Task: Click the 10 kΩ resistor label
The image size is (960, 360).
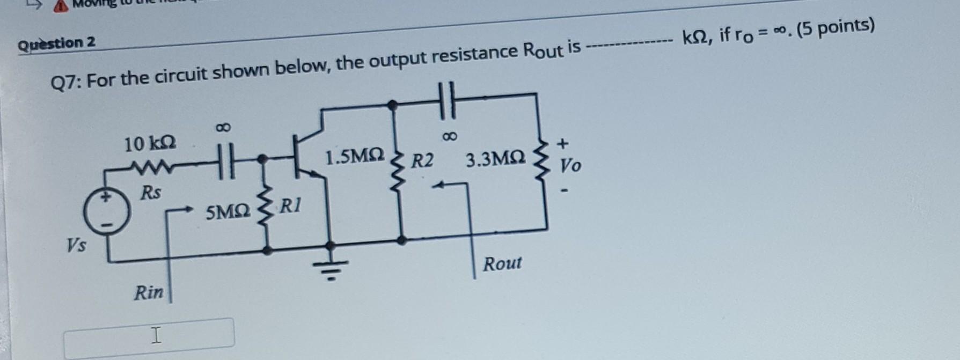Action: pyautogui.click(x=150, y=144)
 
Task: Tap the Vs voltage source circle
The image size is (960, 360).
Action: pyautogui.click(x=107, y=211)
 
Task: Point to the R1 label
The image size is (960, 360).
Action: pyautogui.click(x=291, y=205)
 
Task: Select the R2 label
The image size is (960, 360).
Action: pyautogui.click(x=422, y=160)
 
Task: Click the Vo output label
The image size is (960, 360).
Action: pyautogui.click(x=570, y=166)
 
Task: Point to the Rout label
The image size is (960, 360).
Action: pyautogui.click(x=502, y=263)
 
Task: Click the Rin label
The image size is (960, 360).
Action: pyautogui.click(x=149, y=292)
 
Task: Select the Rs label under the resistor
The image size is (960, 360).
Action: pyautogui.click(x=150, y=192)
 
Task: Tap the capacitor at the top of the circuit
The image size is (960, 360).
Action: pyautogui.click(x=446, y=100)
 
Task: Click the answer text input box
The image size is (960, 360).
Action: pyautogui.click(x=149, y=336)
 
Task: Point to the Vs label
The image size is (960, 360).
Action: pyautogui.click(x=76, y=245)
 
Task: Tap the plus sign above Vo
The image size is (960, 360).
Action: pyautogui.click(x=562, y=143)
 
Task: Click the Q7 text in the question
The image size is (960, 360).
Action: pyautogui.click(x=65, y=83)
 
